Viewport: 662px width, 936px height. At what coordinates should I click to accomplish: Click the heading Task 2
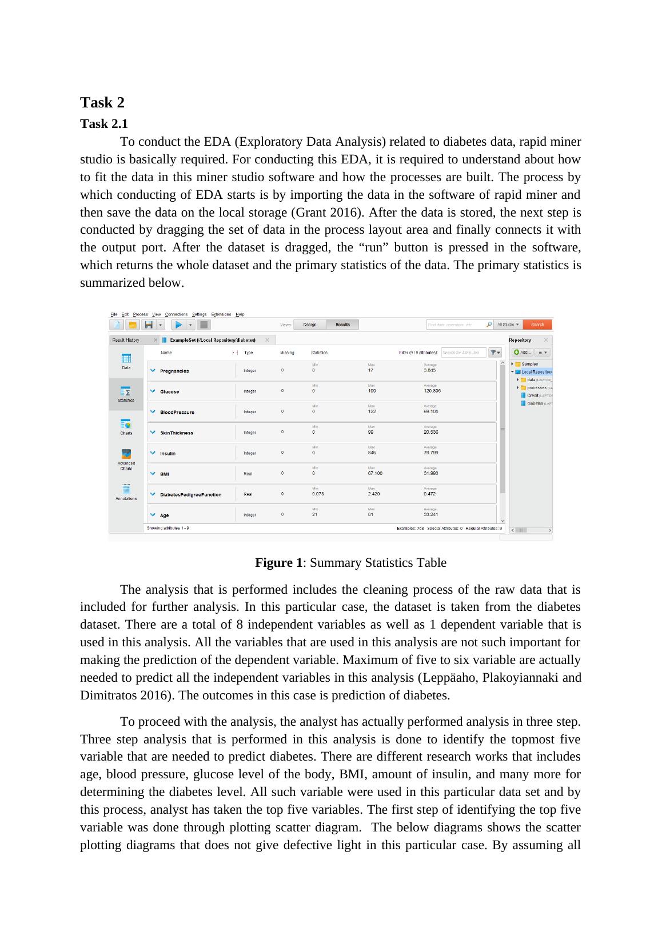(102, 103)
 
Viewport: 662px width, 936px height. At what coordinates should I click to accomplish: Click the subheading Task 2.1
(104, 124)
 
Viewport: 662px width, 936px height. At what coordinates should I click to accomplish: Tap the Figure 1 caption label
(278, 563)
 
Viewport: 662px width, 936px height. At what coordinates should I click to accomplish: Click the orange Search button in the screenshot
(537, 325)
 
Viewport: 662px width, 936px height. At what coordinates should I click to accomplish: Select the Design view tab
(310, 325)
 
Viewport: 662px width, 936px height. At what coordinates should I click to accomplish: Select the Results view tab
(343, 325)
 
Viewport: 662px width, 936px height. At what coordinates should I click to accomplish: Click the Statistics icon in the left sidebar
(126, 393)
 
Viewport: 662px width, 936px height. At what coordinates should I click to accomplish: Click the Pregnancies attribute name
(174, 371)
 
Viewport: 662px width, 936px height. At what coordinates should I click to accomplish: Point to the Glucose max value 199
(372, 391)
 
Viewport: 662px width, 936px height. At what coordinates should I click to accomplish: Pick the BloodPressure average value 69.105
(431, 411)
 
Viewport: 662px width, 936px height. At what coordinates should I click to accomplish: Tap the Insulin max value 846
(372, 453)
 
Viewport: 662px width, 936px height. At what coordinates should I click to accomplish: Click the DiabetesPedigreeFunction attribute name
(190, 495)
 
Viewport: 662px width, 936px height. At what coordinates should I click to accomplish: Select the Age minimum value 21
(315, 514)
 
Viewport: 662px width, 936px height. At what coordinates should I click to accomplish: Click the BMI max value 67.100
(376, 473)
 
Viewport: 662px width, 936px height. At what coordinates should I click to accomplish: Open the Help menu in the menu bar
(240, 314)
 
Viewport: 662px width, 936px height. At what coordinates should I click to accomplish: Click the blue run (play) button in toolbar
(178, 325)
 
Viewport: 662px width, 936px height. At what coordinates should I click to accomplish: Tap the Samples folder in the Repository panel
(529, 364)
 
